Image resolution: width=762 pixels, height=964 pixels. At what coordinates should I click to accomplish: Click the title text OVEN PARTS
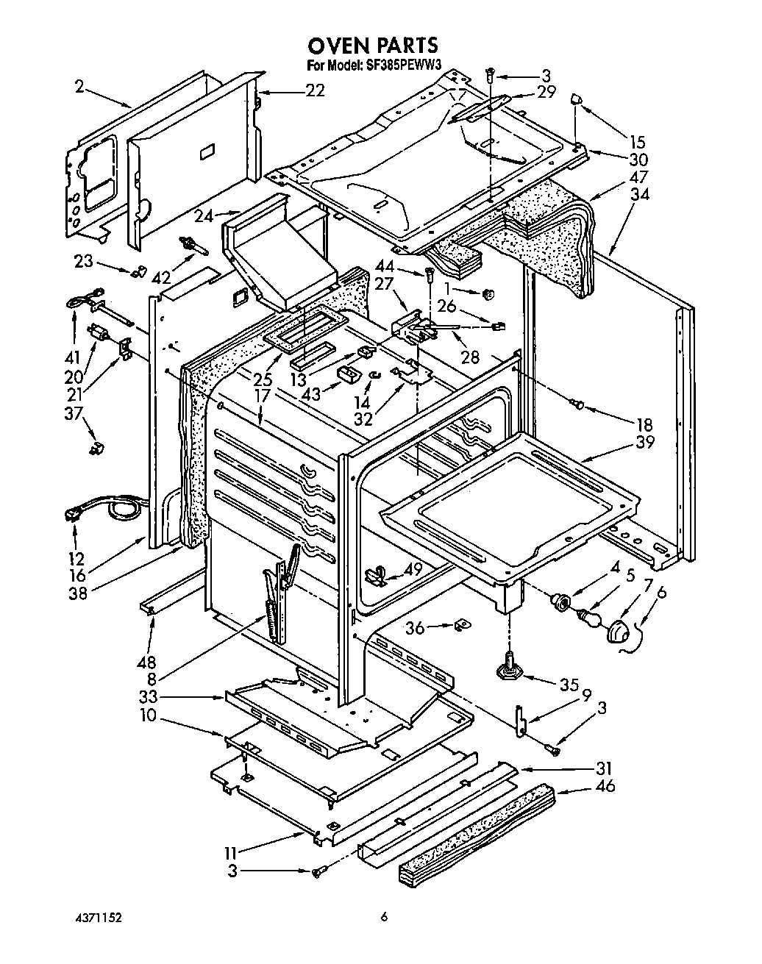[372, 46]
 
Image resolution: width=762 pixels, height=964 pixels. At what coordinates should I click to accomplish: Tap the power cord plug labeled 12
[74, 517]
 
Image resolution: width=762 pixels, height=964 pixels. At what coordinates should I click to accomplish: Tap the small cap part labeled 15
[577, 99]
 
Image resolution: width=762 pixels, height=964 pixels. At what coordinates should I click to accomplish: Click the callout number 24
[204, 216]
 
